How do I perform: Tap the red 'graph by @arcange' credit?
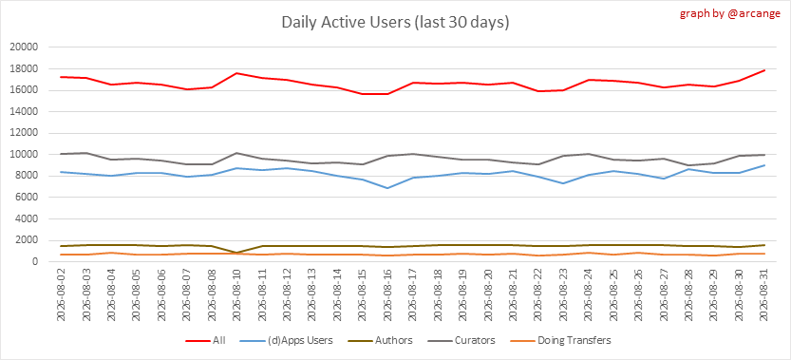point(730,13)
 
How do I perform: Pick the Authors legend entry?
point(381,340)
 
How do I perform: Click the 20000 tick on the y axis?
point(26,47)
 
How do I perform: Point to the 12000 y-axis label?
point(26,133)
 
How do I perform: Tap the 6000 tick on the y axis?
point(28,198)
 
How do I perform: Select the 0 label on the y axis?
point(35,262)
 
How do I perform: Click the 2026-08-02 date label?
point(61,294)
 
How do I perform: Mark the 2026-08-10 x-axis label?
point(237,294)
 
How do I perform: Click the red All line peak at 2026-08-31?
point(765,70)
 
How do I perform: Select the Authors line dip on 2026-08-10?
point(237,253)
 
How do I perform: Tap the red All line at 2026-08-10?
point(237,73)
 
